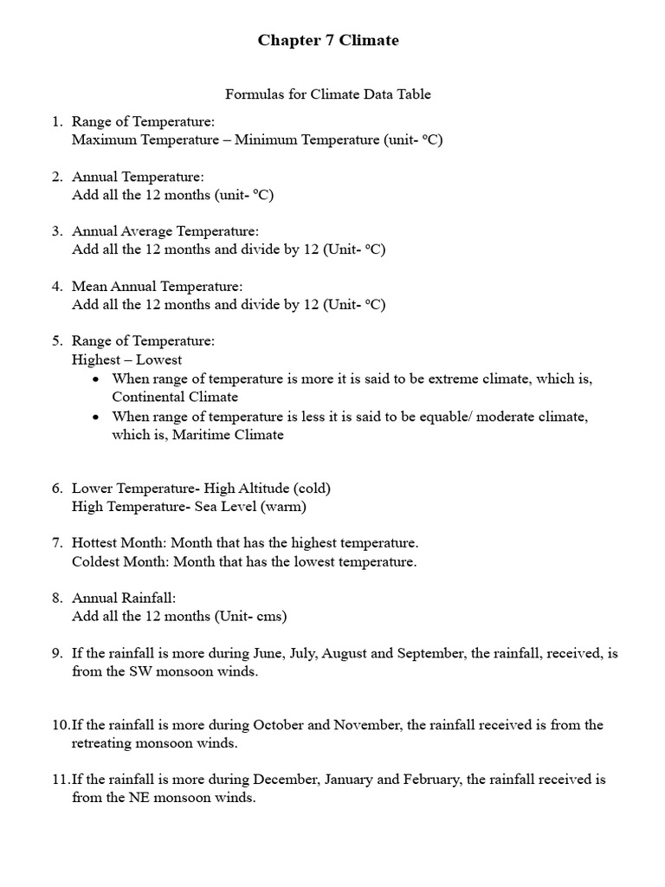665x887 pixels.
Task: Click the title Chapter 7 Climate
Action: click(x=328, y=41)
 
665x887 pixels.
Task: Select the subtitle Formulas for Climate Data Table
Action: click(x=328, y=94)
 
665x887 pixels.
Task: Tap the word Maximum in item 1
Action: click(x=101, y=139)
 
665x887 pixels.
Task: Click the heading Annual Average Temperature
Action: click(x=165, y=231)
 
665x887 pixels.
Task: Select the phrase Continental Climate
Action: click(x=175, y=397)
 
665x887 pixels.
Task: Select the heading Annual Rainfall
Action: click(x=124, y=599)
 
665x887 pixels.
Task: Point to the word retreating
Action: click(x=103, y=743)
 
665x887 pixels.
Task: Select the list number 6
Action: click(x=56, y=489)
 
